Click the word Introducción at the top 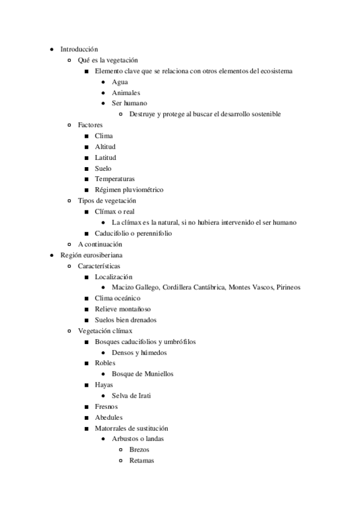[x=79, y=49]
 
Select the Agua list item [x=120, y=82]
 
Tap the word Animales [x=126, y=93]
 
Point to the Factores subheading [x=90, y=125]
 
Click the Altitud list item [x=105, y=147]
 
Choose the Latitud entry [x=105, y=158]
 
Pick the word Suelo [x=103, y=168]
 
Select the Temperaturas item [x=115, y=179]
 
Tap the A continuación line [x=100, y=244]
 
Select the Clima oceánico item [x=118, y=298]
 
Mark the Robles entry [x=105, y=363]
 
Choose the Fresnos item [x=106, y=407]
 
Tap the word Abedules [x=109, y=417]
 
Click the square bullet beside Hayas [x=87, y=385]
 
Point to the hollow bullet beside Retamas [x=121, y=461]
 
